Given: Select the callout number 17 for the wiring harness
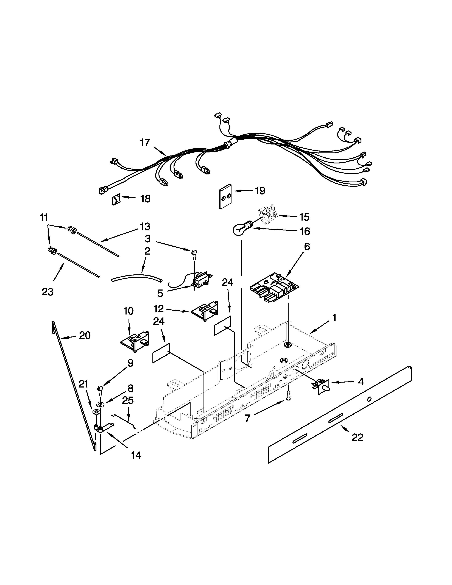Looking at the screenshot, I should (145, 143).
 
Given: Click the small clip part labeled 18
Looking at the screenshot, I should (115, 200).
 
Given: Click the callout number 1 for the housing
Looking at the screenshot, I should (334, 318).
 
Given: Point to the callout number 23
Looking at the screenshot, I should (48, 292).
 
